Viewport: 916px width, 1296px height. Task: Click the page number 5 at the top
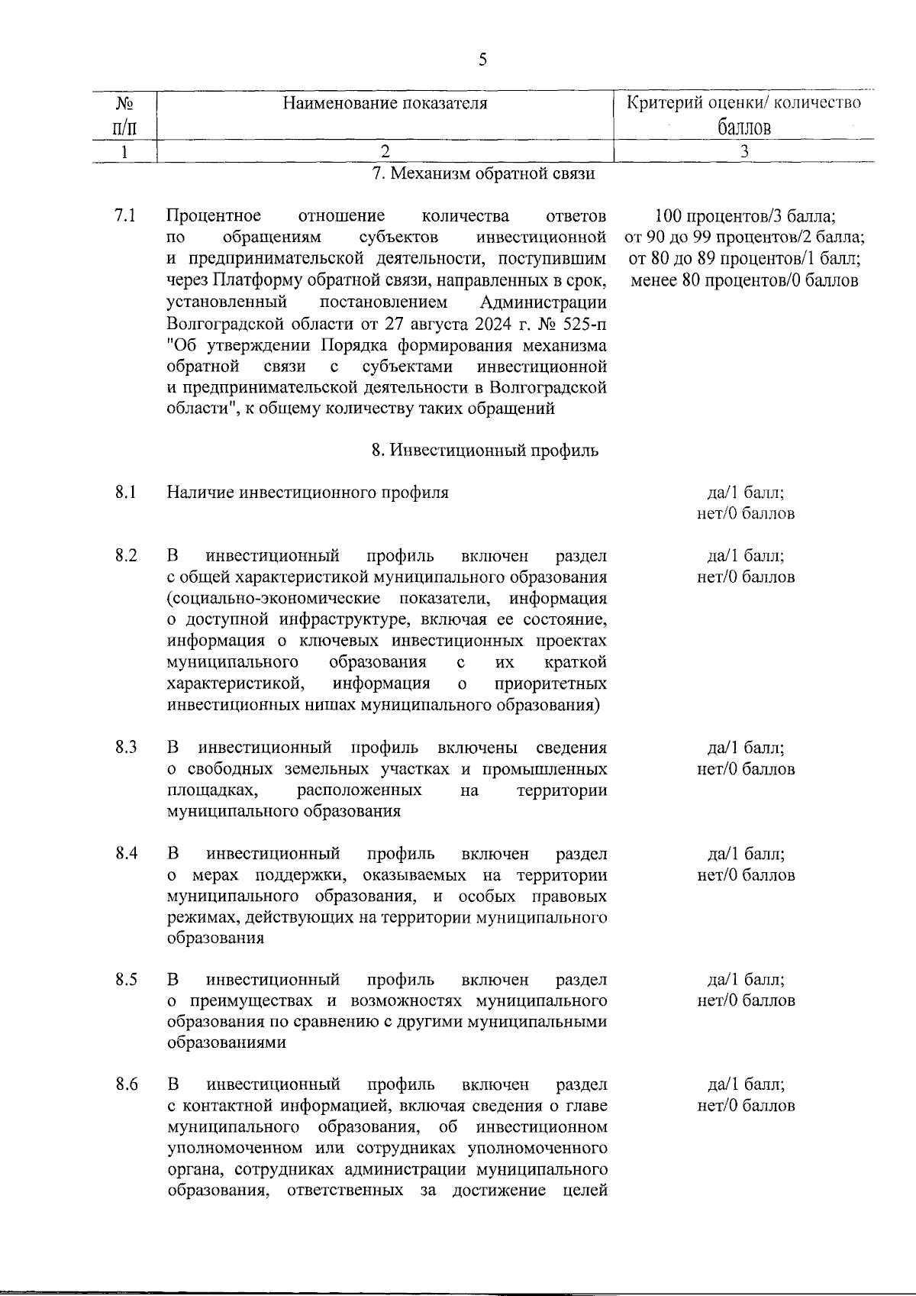pyautogui.click(x=482, y=60)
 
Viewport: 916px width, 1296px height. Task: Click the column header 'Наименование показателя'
pyautogui.click(x=385, y=103)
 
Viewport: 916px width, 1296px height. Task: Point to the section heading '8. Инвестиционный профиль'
pyautogui.click(x=485, y=451)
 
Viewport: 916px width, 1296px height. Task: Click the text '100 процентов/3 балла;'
pyautogui.click(x=745, y=216)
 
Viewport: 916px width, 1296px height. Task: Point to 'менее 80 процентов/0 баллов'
pyautogui.click(x=745, y=280)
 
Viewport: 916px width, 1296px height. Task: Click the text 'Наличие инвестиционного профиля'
pyautogui.click(x=308, y=493)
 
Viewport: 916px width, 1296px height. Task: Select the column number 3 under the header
pyautogui.click(x=744, y=151)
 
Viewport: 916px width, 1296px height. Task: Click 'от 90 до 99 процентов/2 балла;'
pyautogui.click(x=745, y=238)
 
